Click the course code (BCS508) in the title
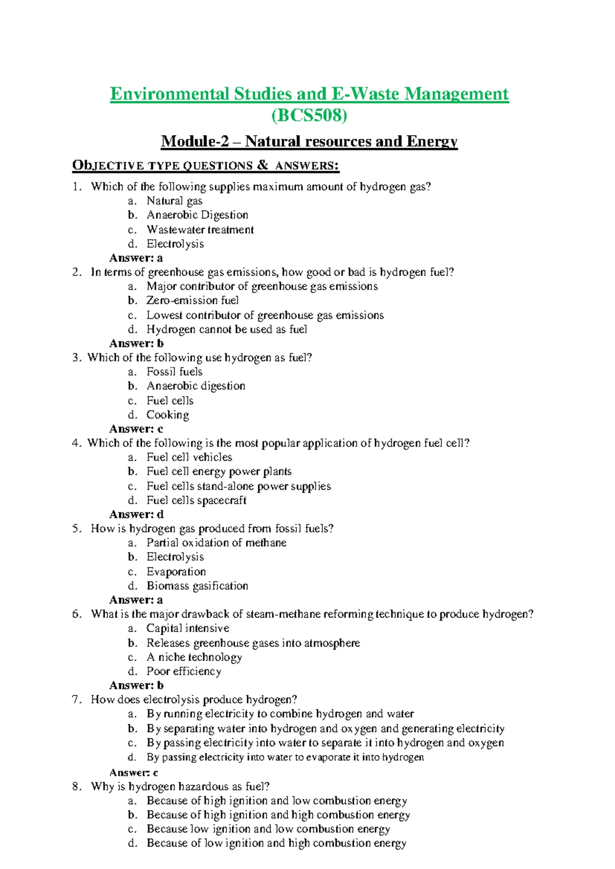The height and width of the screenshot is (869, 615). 309,116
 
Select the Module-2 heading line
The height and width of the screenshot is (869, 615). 309,141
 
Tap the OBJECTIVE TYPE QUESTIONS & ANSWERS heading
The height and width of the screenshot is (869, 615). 206,165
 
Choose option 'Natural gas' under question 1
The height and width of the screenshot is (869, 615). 174,201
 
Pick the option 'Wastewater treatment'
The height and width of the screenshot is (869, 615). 200,230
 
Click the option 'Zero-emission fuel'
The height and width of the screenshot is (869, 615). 192,300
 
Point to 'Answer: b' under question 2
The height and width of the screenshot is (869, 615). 136,343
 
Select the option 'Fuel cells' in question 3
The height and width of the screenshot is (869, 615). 170,401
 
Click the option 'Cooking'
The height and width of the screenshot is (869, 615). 168,415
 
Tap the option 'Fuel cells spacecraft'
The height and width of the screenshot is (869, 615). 196,500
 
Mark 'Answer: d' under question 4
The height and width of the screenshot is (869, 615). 136,514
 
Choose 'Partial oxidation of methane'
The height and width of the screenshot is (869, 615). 216,543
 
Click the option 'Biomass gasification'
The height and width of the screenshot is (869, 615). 197,586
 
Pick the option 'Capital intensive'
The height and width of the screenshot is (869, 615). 188,628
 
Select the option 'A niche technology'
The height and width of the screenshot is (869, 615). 194,657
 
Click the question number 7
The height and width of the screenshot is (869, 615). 76,700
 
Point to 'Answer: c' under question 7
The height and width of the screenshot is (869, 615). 134,773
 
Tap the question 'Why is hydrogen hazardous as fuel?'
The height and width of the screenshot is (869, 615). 180,787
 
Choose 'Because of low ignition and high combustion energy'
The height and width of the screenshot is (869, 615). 276,843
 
